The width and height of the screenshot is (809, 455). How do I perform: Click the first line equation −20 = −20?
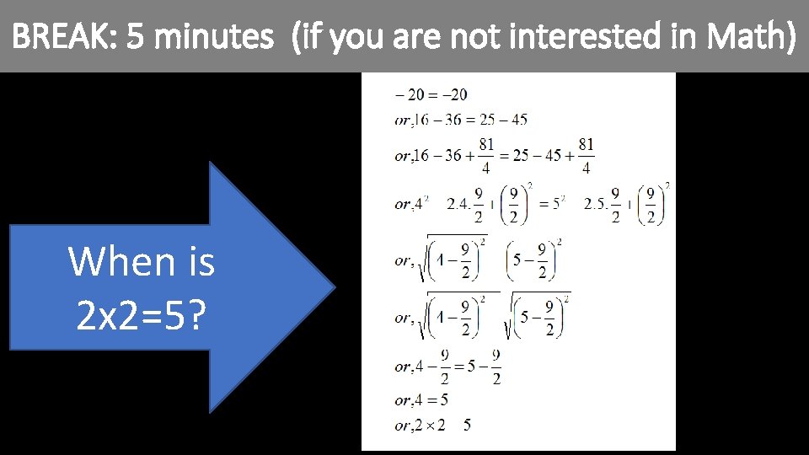(431, 94)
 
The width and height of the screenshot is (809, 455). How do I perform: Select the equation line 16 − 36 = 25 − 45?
(461, 120)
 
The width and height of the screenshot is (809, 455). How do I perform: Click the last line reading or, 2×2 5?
(432, 426)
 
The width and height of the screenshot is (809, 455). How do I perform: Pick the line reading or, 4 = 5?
(421, 399)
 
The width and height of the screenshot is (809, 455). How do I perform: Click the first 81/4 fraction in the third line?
(486, 156)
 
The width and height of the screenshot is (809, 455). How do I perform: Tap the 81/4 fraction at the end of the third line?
(586, 156)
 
